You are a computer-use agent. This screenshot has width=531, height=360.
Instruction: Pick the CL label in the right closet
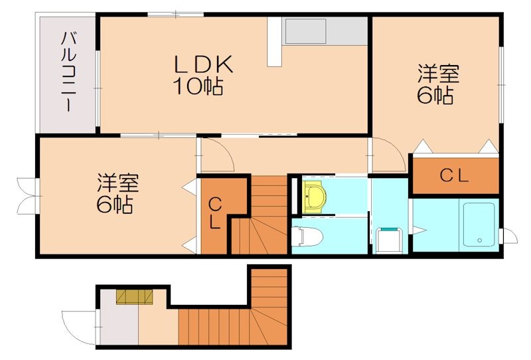pos(455,176)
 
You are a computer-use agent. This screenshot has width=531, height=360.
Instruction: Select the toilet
pos(307,236)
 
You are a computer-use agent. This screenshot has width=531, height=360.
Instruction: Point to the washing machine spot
pos(389,238)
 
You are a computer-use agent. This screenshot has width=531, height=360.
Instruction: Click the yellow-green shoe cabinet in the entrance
pos(134,296)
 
